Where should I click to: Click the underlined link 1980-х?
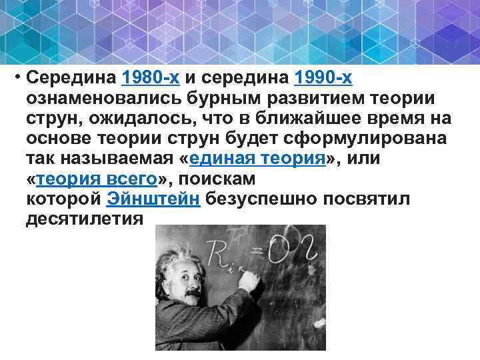[x=151, y=78]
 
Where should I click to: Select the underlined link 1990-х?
[x=323, y=78]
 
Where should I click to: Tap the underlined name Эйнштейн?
[x=153, y=199]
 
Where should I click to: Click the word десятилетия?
[x=84, y=219]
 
